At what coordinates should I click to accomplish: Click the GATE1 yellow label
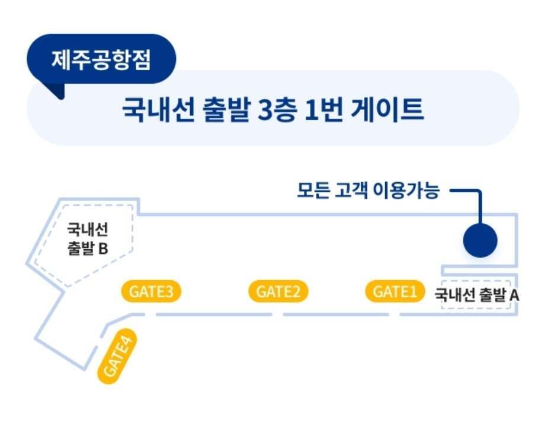tap(395, 291)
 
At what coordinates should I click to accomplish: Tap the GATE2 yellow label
tap(278, 291)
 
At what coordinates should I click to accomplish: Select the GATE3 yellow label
tap(151, 291)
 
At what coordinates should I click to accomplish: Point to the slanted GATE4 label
tap(117, 356)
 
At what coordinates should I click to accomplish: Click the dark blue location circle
tap(479, 240)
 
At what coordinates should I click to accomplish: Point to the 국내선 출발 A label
tap(477, 294)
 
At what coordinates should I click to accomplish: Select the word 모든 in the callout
tap(313, 191)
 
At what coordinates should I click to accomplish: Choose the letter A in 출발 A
tap(514, 294)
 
